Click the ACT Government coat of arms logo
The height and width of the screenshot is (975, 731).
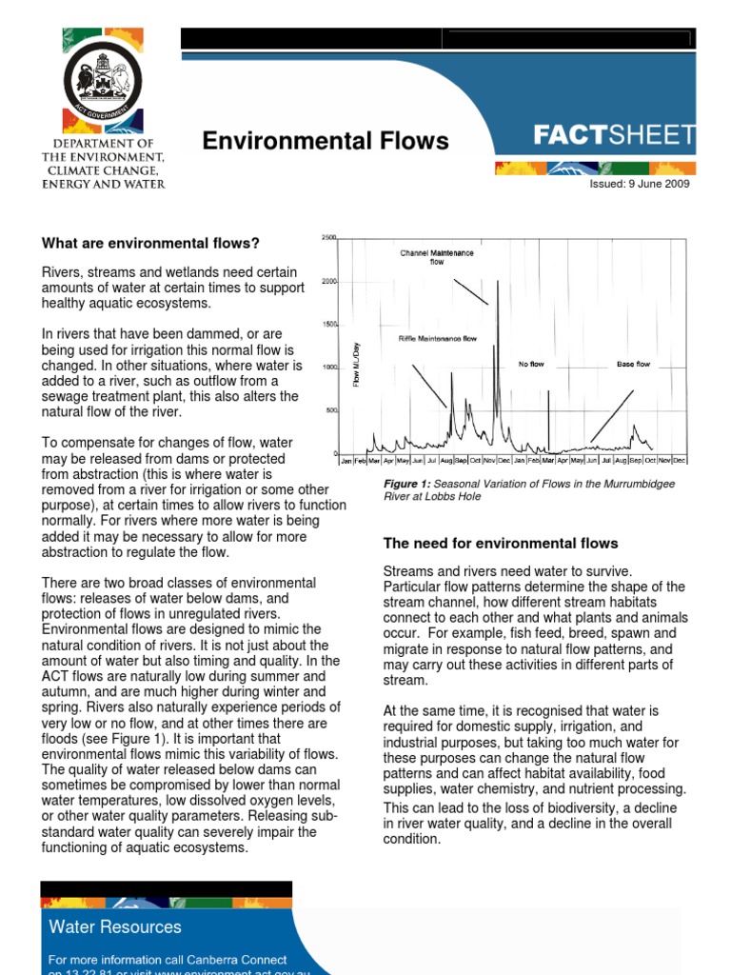tap(103, 81)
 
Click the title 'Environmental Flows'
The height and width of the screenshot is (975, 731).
tap(325, 141)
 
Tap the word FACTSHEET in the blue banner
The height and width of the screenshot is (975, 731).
tap(614, 136)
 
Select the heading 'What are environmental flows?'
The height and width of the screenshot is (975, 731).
tap(150, 244)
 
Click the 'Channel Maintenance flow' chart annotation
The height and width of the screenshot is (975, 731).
tap(437, 256)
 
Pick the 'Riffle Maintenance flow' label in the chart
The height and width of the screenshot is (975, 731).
tap(437, 339)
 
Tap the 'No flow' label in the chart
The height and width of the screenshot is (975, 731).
tap(530, 365)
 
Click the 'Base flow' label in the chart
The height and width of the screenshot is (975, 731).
tap(633, 365)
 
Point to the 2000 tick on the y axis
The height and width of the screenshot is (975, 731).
tap(328, 281)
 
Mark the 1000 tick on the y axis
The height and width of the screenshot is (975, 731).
tap(328, 368)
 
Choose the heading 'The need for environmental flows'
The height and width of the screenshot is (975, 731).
tap(500, 544)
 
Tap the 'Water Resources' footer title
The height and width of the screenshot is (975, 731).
tap(114, 926)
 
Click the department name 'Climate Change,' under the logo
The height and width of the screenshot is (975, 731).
tap(103, 170)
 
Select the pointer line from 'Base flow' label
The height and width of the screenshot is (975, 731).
tap(612, 415)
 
